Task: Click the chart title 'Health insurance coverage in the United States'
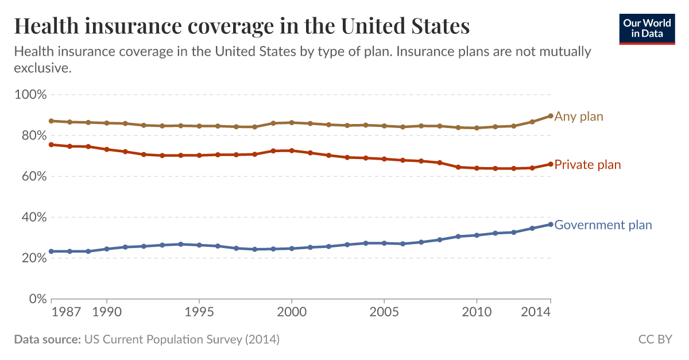(242, 26)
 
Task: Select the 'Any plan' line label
(579, 117)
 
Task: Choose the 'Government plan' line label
(603, 225)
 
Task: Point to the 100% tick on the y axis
(29, 94)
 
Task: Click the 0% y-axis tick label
(36, 299)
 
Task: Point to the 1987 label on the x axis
(64, 313)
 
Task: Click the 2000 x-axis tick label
(292, 313)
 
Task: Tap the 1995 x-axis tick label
(199, 313)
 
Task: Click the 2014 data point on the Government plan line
(551, 224)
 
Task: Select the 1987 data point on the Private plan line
(51, 145)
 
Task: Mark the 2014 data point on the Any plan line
(551, 116)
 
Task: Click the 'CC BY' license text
(655, 339)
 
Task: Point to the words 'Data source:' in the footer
(47, 339)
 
